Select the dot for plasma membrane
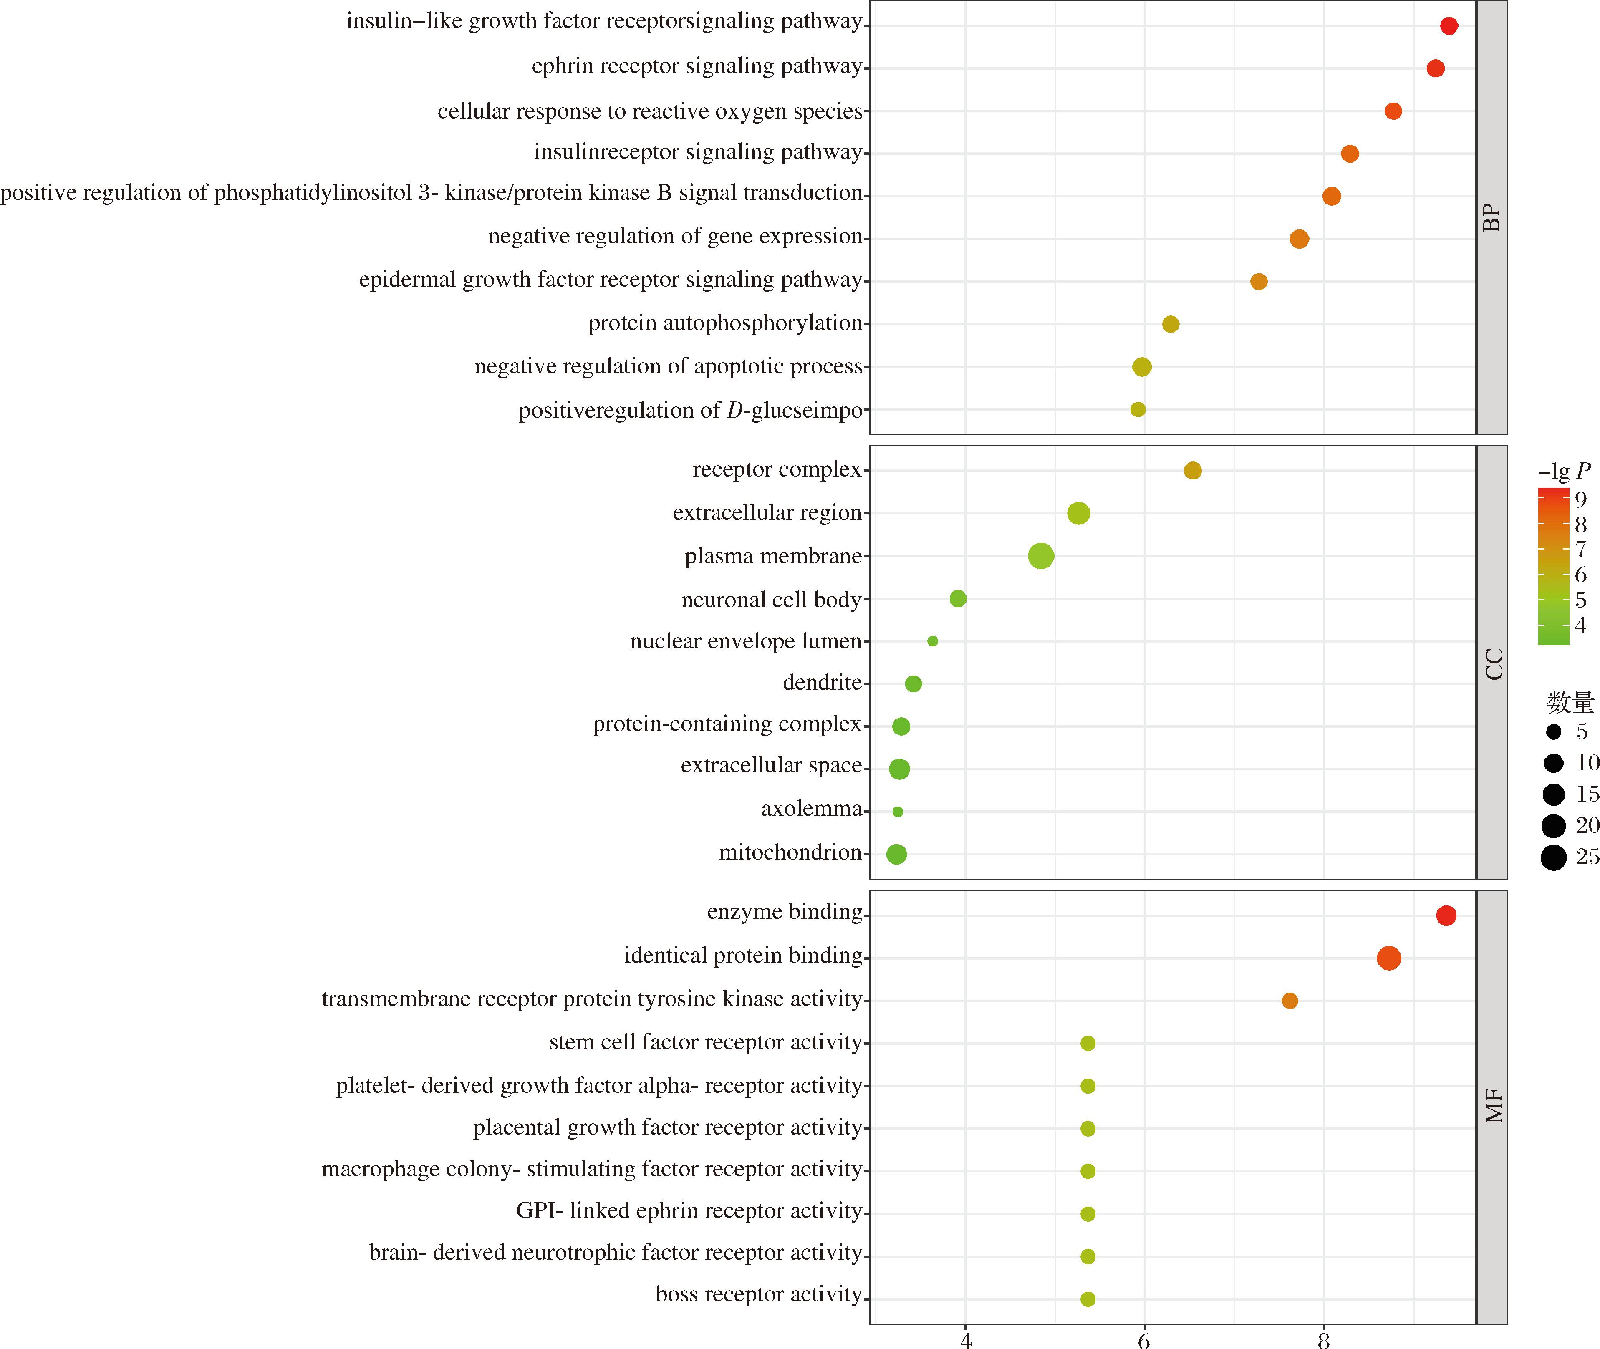pyautogui.click(x=1041, y=556)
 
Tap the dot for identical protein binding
pyautogui.click(x=1389, y=958)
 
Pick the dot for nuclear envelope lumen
pyautogui.click(x=932, y=641)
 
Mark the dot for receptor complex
pyautogui.click(x=1192, y=470)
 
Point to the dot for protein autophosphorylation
pyautogui.click(x=1170, y=324)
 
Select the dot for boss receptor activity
pyautogui.click(x=1088, y=1299)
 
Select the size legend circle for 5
pyautogui.click(x=1553, y=732)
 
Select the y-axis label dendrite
pyautogui.click(x=822, y=682)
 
